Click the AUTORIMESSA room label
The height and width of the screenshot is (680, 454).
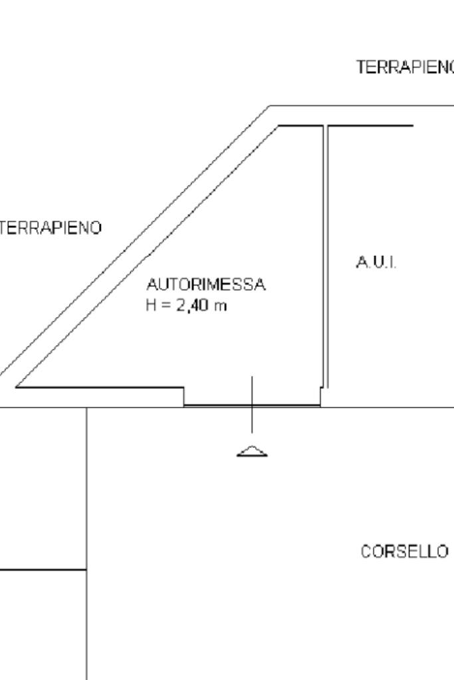[205, 286]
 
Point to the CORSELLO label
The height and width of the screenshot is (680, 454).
[404, 552]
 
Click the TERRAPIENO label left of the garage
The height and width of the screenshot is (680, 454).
[51, 228]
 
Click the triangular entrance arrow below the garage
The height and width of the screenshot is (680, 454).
[252, 451]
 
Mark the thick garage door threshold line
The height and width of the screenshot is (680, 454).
[252, 404]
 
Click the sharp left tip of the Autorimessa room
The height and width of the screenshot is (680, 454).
[16, 386]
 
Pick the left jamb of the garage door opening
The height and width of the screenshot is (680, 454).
[184, 396]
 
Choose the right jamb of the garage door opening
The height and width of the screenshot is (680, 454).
[320, 396]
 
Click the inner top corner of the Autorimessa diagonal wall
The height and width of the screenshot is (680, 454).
[279, 126]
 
